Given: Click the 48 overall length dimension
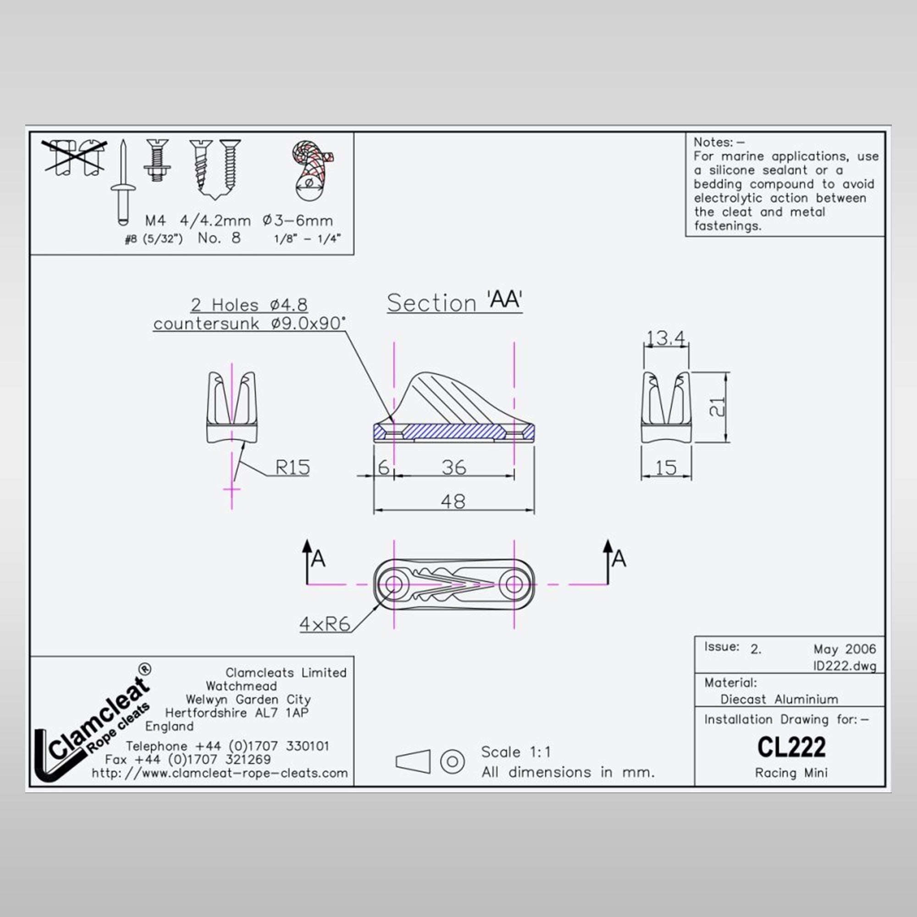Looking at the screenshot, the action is pos(453,501).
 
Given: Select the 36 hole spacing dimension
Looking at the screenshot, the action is pos(454,468).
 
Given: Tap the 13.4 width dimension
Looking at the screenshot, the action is pos(666,338).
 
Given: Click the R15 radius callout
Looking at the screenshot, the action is pos(293,468).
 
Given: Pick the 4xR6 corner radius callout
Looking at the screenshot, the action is pos(325,624).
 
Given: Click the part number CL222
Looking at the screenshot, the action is pos(791,747).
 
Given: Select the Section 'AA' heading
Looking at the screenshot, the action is pos(454,302).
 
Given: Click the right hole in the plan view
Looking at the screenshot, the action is pos(514,584).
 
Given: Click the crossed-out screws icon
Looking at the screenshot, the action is pos(74,157).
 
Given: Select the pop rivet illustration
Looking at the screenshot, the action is pos(123,182).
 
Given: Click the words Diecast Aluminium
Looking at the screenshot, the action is pos(779,699).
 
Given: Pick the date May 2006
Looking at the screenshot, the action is pos(845,649).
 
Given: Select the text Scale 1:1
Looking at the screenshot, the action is pos(516,752).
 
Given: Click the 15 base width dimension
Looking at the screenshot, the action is pos(666,468).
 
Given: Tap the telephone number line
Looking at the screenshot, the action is pos(227,746).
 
